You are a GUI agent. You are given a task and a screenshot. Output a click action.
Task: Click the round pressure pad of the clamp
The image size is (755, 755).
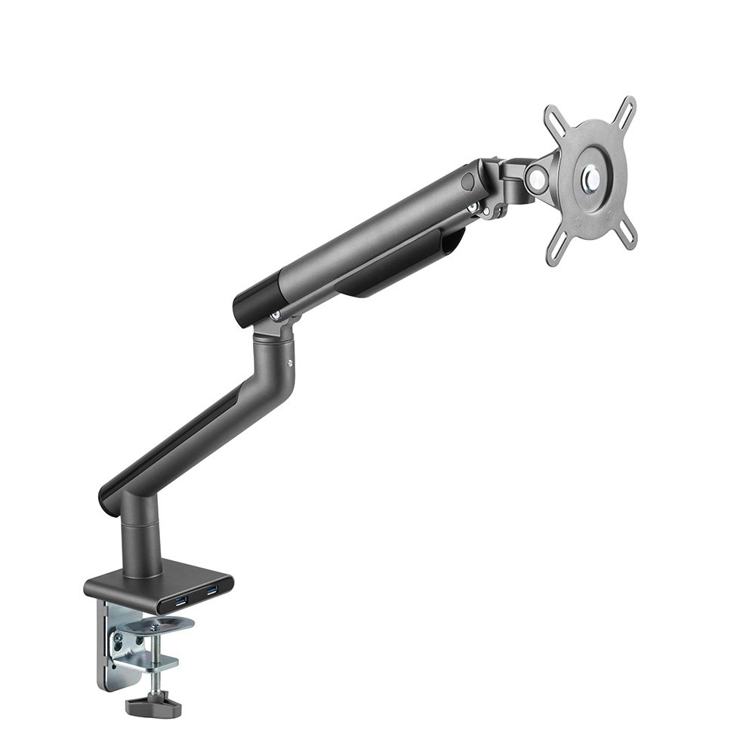pos(159,625)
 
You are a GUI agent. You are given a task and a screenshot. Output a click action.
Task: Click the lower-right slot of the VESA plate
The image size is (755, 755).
pos(626,237)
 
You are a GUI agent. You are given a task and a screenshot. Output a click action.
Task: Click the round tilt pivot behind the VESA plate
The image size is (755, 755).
pos(537,178)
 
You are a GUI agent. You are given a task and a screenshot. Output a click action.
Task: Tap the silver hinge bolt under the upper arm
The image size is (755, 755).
pos(276,315)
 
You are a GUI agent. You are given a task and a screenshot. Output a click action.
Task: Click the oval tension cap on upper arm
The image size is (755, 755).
pos(469,182)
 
